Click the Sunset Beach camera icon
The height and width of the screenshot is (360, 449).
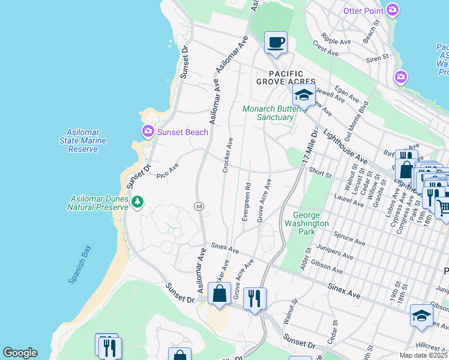click(x=147, y=131)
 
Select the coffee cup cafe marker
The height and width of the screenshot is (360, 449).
click(x=276, y=43)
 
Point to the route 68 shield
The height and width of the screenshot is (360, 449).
click(x=198, y=206)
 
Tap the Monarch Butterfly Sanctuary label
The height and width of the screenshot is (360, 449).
click(x=268, y=113)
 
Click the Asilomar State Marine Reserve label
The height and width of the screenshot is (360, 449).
click(x=83, y=140)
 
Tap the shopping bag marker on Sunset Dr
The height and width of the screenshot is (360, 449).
click(x=219, y=293)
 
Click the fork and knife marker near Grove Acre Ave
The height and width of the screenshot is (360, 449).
click(x=255, y=298)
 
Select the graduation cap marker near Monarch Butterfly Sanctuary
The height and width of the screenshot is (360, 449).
click(x=304, y=95)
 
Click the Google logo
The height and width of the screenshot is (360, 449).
click(x=19, y=353)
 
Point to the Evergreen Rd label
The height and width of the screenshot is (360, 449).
click(x=246, y=202)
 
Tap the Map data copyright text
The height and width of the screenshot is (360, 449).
click(x=423, y=355)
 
